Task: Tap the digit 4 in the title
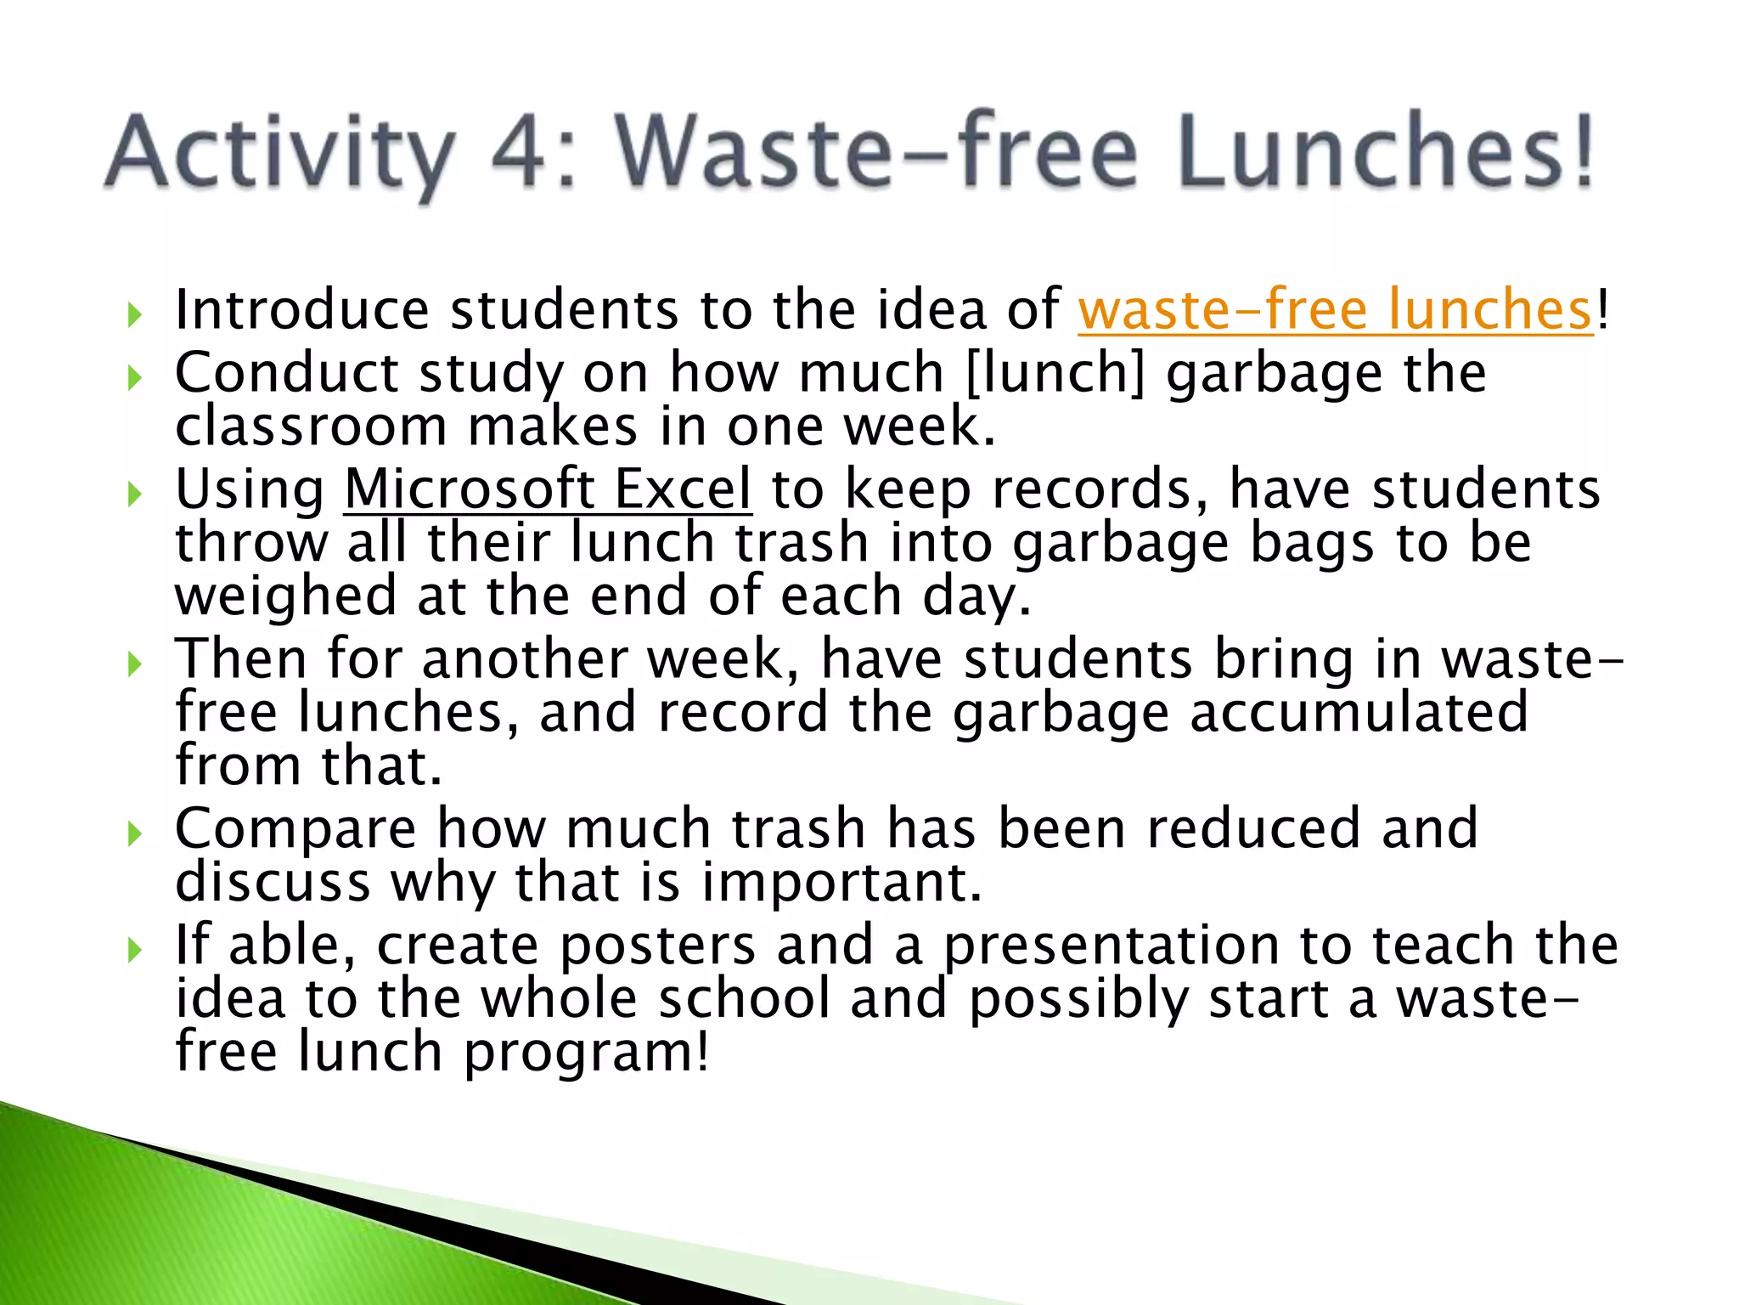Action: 517,153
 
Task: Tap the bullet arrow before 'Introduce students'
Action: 134,315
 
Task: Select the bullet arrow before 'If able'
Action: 134,950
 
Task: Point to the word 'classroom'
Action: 311,427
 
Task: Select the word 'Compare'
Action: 295,830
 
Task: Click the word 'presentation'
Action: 1111,946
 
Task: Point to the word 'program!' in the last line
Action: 586,1054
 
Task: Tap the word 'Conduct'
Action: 287,373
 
